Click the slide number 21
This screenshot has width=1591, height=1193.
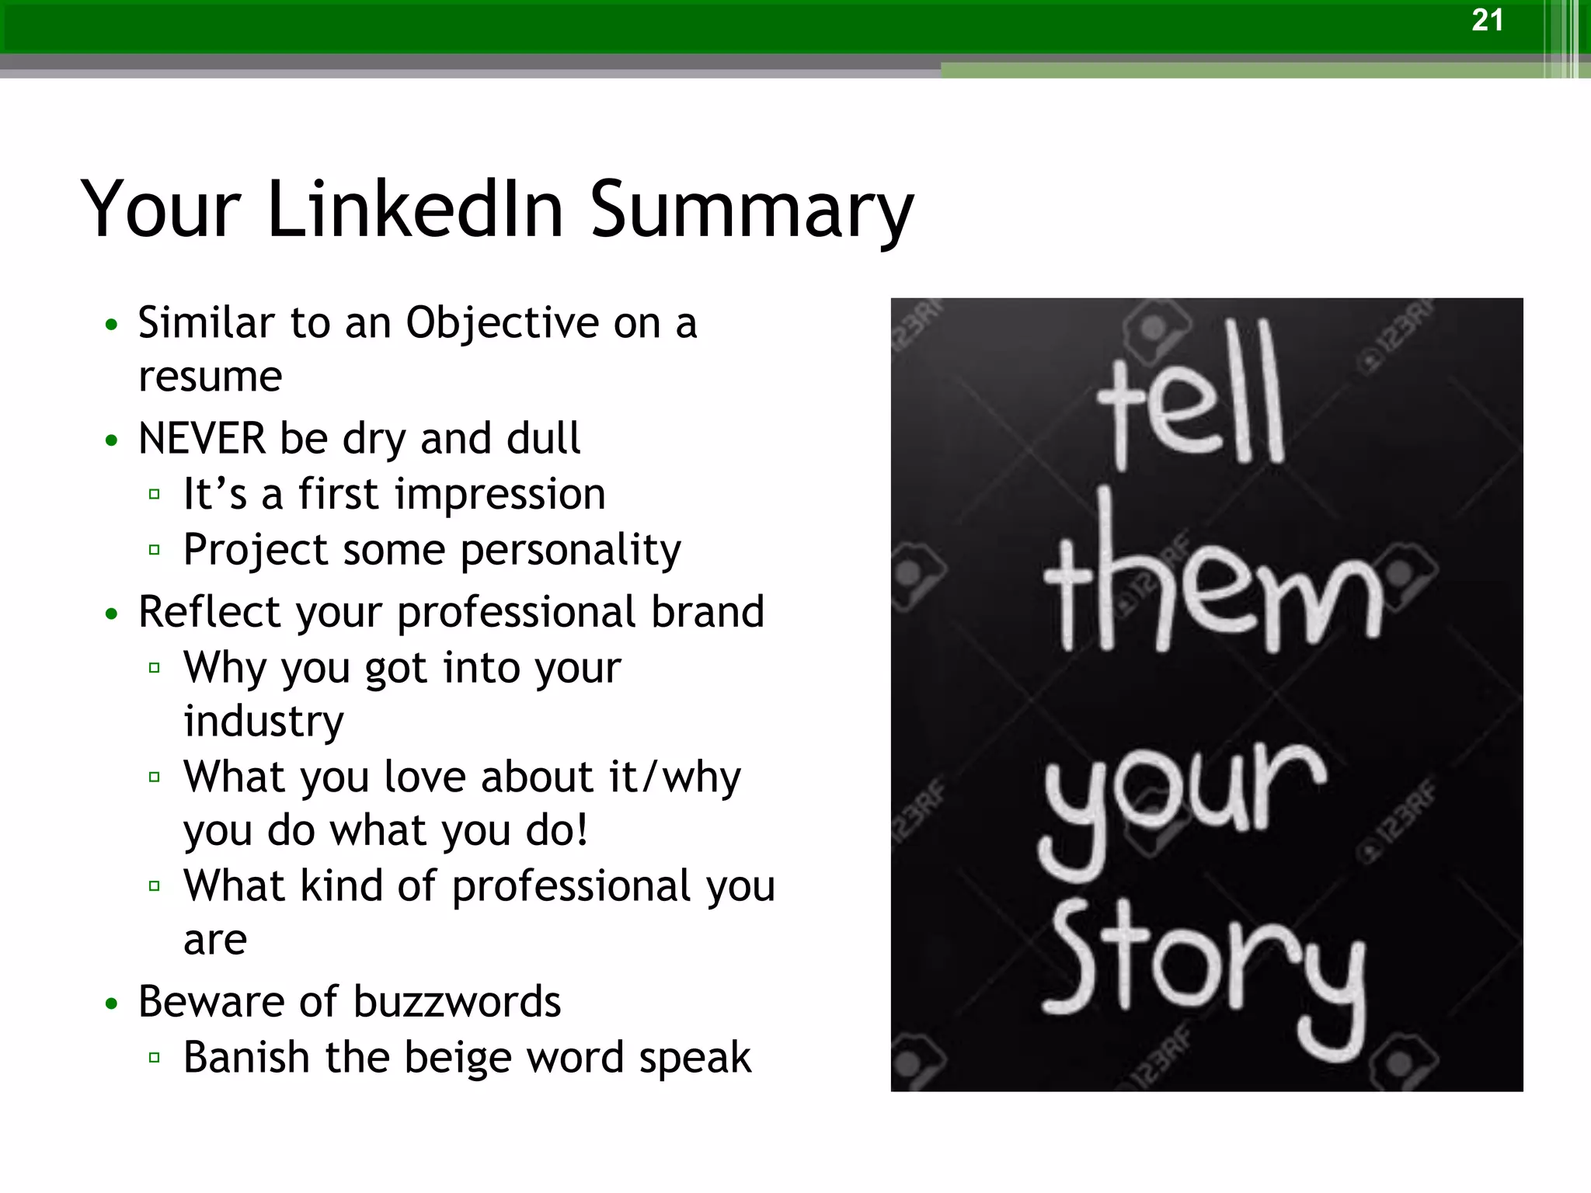tap(1487, 20)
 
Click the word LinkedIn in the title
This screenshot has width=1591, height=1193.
tap(415, 209)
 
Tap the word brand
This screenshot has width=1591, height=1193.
tap(707, 611)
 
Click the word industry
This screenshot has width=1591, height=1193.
tap(263, 722)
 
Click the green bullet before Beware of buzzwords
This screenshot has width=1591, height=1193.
tap(112, 1003)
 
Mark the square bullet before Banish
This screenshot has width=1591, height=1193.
tap(154, 1057)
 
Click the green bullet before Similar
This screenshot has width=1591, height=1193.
tap(112, 324)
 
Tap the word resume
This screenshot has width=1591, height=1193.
tap(210, 378)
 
